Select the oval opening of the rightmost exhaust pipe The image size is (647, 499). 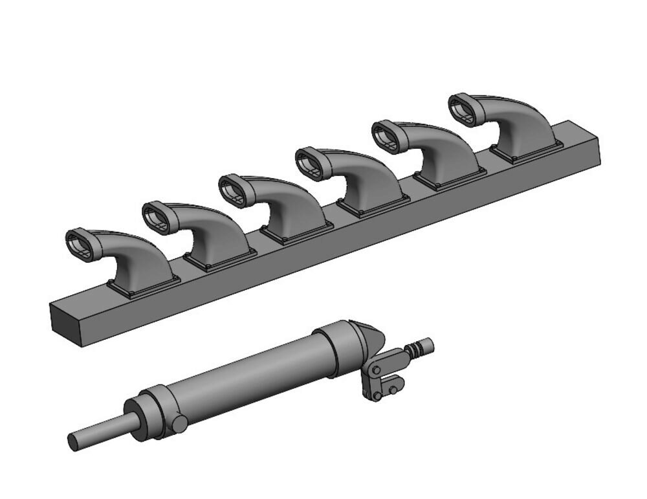[463, 107]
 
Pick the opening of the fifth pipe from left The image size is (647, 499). [386, 135]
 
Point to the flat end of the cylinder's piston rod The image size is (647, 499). [73, 442]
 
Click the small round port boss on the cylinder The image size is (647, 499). [179, 424]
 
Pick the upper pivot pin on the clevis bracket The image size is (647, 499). [375, 370]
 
